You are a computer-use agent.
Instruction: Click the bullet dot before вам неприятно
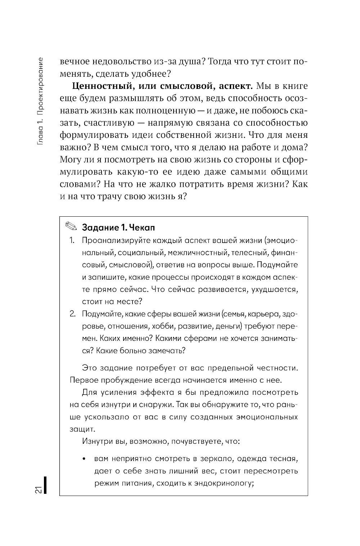click(x=84, y=459)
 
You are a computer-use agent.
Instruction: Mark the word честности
click(x=277, y=368)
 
